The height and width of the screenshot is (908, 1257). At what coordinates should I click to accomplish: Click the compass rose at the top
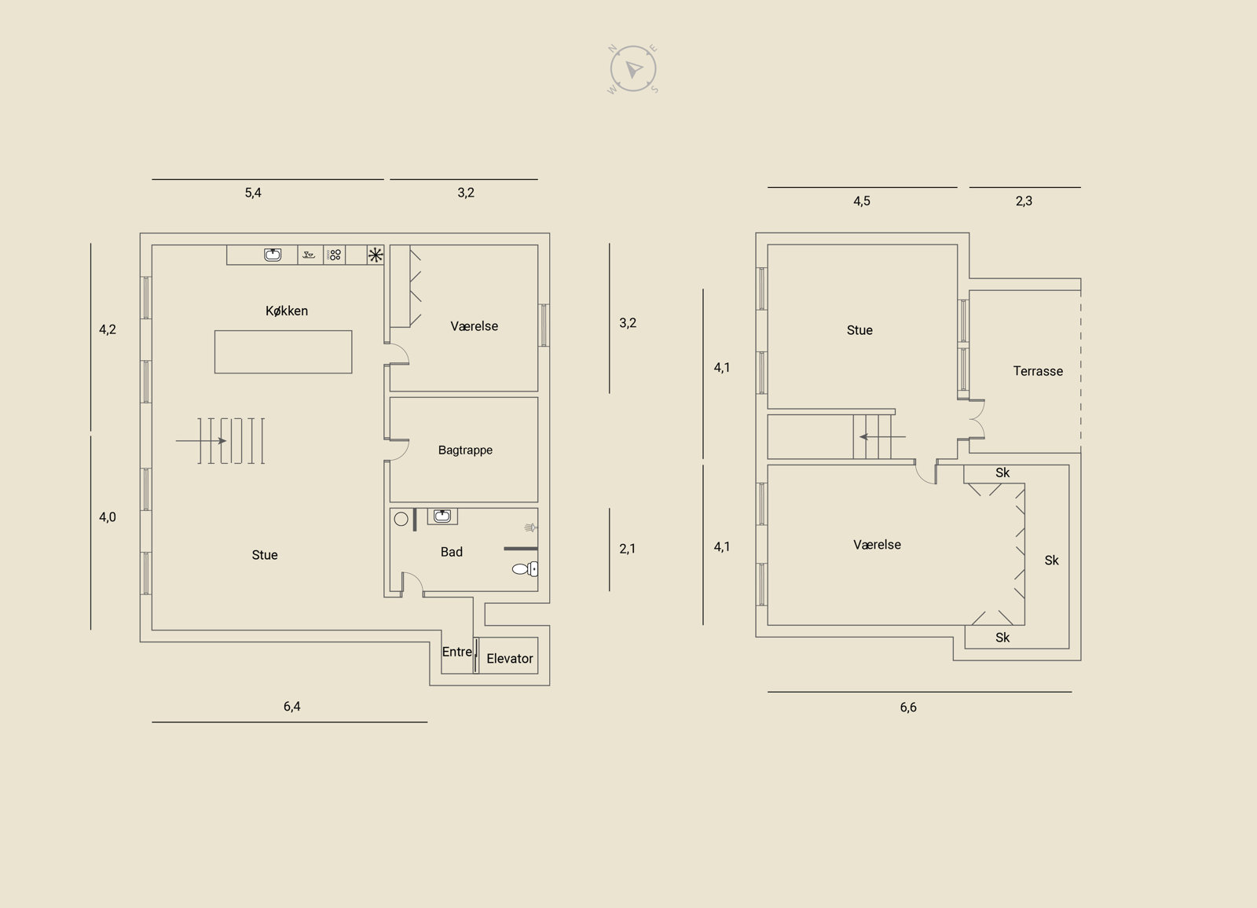pos(633,69)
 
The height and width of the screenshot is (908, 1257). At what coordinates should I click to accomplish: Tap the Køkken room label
pos(287,311)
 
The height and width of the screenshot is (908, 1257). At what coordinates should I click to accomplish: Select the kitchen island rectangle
pos(284,352)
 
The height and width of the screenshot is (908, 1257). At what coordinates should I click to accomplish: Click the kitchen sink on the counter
pos(273,255)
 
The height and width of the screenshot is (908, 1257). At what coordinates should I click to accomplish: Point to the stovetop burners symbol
pos(335,255)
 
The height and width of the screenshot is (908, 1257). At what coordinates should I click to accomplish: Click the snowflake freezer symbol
pos(376,255)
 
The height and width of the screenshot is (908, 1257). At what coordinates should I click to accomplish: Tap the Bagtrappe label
pos(465,450)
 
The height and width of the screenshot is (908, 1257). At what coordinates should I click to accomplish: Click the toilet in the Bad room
pos(526,569)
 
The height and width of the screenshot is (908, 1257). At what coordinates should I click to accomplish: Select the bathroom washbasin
pos(442,516)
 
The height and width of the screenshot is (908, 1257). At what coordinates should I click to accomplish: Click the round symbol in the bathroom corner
pos(401,519)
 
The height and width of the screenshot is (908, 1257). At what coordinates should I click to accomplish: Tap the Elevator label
pos(510,658)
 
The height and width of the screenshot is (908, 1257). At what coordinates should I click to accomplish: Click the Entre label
pos(456,652)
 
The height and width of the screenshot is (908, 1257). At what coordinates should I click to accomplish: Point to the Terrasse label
pos(1038,371)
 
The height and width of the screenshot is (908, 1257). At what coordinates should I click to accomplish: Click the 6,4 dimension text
pos(291,707)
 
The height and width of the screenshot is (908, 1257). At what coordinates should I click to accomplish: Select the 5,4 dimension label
pos(253,193)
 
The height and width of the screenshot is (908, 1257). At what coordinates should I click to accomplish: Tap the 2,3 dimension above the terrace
pos(1024,201)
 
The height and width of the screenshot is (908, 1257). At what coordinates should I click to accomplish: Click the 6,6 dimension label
pos(908,708)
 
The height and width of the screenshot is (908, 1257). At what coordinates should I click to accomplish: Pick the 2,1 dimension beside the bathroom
pos(628,549)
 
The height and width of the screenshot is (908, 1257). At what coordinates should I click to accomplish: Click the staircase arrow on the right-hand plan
pos(883,436)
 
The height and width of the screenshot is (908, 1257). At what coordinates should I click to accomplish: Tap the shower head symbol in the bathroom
pos(530,528)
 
